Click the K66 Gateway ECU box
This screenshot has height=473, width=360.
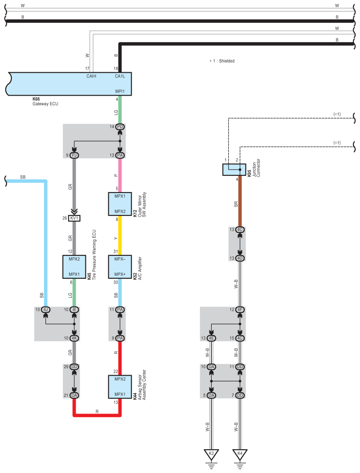click(69, 84)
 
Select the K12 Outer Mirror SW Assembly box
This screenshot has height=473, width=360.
click(120, 204)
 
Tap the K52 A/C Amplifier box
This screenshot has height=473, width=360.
click(120, 266)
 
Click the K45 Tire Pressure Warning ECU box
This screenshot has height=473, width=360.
click(74, 266)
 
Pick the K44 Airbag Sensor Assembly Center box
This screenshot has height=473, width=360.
click(120, 387)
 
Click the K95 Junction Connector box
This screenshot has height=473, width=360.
click(234, 170)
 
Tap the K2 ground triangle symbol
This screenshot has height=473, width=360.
click(211, 455)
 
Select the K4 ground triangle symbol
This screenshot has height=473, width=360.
click(240, 455)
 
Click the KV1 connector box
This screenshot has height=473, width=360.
click(74, 218)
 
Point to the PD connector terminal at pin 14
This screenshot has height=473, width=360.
click(120, 127)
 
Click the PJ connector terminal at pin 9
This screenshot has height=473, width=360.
click(74, 155)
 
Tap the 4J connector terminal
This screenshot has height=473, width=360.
click(45, 310)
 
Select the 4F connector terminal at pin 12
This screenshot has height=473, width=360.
click(240, 310)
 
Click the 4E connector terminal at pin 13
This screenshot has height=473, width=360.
click(211, 338)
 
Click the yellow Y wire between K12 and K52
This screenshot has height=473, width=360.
click(120, 235)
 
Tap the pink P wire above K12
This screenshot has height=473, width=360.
click(120, 175)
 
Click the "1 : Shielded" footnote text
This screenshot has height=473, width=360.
click(224, 61)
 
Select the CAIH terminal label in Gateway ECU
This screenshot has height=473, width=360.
click(92, 76)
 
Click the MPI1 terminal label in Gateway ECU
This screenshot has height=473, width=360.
click(120, 92)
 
